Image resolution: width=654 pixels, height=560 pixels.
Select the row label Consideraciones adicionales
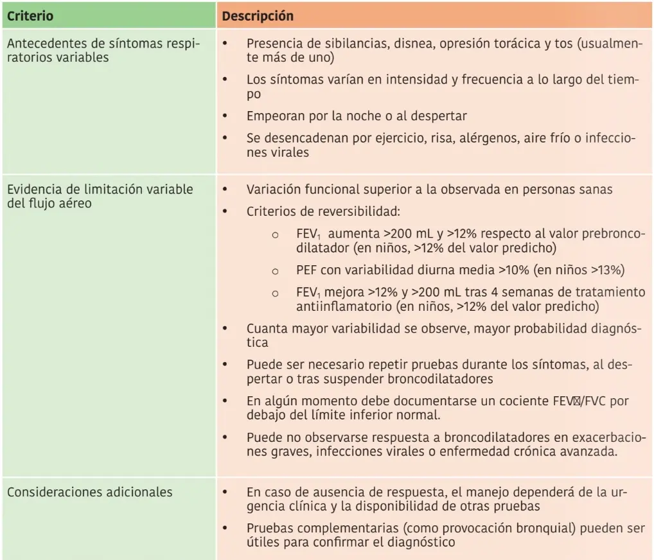tap(90, 492)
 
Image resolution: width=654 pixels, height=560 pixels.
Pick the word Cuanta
tap(266, 329)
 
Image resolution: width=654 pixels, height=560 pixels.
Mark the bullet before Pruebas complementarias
tap(224, 528)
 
